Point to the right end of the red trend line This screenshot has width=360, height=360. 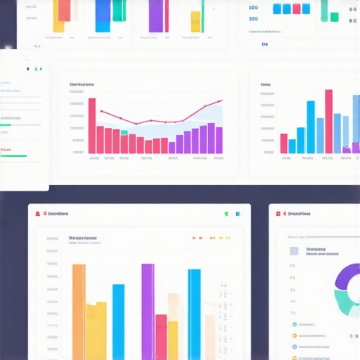point(221,101)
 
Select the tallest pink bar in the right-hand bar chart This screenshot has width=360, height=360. point(328,121)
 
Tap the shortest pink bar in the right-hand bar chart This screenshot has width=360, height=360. point(283,143)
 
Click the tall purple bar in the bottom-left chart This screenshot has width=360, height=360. point(148,309)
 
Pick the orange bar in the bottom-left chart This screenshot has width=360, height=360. point(79,309)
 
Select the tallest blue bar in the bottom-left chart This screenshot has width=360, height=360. point(195,313)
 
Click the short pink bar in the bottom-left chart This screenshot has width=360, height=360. point(161,336)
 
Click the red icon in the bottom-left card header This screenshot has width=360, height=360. point(44,212)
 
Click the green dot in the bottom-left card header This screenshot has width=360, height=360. point(226,213)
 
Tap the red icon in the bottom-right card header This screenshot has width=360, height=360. point(278,213)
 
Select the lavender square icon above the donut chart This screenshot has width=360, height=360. point(293,250)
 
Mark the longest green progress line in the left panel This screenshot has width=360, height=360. point(13,156)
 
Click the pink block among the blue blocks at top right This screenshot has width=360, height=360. point(297,8)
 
